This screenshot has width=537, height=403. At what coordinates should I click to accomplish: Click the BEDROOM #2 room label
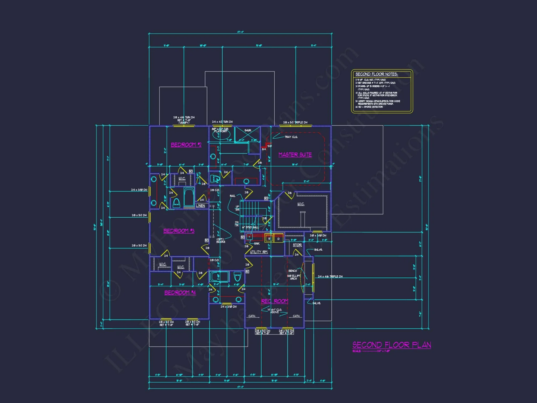click(x=186, y=145)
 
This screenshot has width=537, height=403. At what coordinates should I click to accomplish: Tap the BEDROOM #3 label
click(x=179, y=231)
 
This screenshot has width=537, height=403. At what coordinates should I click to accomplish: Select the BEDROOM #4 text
click(x=180, y=293)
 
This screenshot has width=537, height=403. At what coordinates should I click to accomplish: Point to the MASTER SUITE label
click(x=295, y=154)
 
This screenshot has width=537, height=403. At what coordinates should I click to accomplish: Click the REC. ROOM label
click(x=275, y=301)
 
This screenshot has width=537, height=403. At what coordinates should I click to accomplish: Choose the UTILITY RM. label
click(x=259, y=252)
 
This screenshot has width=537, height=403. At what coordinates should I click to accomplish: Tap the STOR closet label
click(x=297, y=245)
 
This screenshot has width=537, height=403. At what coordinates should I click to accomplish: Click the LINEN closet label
click(x=201, y=206)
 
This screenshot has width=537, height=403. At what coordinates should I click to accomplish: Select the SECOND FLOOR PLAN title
click(x=392, y=345)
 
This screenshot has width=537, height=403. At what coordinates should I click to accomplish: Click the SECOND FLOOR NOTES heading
click(x=376, y=74)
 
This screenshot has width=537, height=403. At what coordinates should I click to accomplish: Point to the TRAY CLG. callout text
click(x=291, y=137)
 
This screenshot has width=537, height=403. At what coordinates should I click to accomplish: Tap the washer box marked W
click(x=269, y=239)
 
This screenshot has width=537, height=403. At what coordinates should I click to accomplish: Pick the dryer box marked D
click(x=278, y=239)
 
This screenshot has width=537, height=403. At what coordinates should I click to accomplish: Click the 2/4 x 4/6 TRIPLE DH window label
click(x=330, y=276)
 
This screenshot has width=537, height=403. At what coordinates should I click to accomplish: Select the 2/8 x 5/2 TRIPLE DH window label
click(x=295, y=123)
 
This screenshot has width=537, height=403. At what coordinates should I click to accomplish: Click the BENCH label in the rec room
click(x=293, y=271)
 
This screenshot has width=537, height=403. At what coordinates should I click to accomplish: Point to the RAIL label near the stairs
click(x=233, y=196)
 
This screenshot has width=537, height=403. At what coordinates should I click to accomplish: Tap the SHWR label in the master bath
click(x=248, y=131)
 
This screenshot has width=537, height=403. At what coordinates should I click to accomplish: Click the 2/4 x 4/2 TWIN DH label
click(x=222, y=122)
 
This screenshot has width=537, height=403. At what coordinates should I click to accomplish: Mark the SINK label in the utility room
click(x=257, y=244)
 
